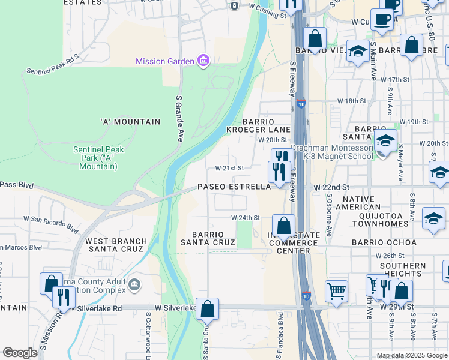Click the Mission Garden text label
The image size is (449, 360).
tap(164, 61)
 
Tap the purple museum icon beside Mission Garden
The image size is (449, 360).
tap(203, 61)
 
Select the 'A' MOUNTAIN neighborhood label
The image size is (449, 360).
tap(130, 122)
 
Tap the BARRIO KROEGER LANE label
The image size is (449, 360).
tap(258, 125)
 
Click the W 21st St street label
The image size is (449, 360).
tap(229, 169)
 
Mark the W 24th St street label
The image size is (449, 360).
tap(246, 218)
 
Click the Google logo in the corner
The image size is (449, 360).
tap(20, 353)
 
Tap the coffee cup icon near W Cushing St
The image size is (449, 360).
tap(381, 19)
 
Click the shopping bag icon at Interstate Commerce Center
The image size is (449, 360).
tap(283, 226)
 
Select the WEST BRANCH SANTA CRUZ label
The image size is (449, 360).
tap(116, 245)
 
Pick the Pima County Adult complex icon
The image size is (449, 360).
tap(134, 283)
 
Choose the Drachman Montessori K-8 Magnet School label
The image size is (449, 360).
tap(332, 152)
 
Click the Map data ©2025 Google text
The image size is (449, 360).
tap(411, 355)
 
